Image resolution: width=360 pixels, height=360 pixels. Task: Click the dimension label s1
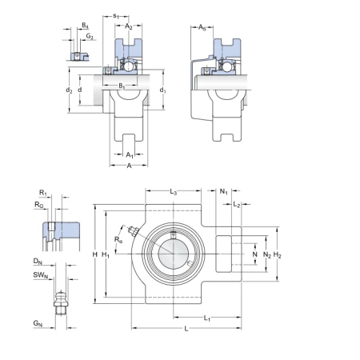coord(116,16)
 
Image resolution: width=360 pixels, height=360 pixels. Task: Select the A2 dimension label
coord(129,26)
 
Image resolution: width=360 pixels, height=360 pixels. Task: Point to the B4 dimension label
coord(85,26)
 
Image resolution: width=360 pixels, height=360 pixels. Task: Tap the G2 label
coord(90,36)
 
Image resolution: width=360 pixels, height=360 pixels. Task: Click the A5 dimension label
coord(202,27)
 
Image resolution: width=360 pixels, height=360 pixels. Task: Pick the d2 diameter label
coord(69,90)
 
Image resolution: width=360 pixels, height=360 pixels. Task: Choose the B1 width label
coord(122,86)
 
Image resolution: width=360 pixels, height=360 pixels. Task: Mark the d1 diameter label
coord(162,90)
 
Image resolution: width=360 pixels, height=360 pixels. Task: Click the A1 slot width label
coord(130,155)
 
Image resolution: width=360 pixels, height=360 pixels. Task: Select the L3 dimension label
coord(174,192)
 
